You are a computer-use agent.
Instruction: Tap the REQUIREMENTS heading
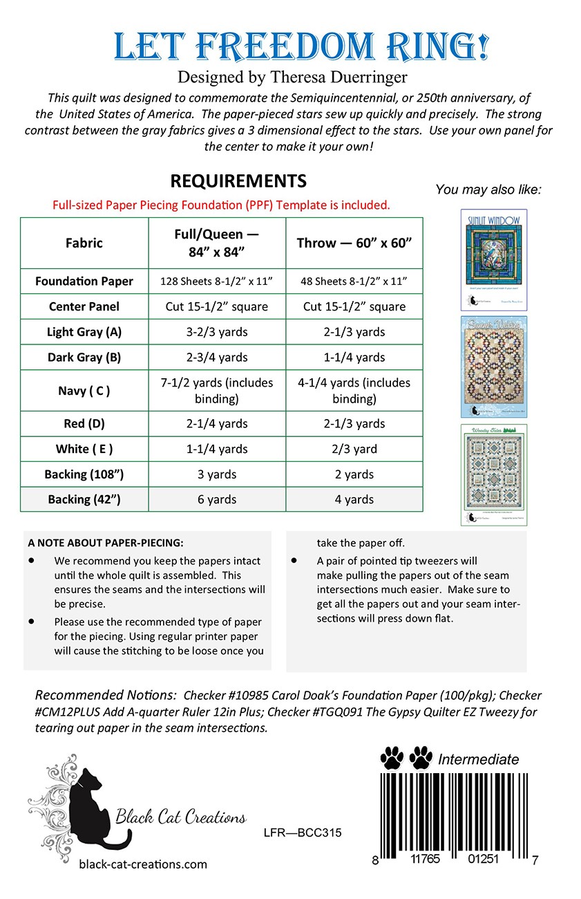(238, 181)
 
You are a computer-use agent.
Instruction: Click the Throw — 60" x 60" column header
(354, 243)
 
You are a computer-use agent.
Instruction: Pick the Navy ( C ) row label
(84, 391)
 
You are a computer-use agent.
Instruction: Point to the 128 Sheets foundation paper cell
(217, 281)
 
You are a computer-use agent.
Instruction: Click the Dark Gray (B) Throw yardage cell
(354, 358)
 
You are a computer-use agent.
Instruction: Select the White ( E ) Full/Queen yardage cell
(217, 449)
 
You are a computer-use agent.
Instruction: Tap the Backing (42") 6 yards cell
(217, 499)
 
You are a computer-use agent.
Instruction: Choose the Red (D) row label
(84, 423)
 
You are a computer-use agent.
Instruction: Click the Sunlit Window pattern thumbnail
(494, 259)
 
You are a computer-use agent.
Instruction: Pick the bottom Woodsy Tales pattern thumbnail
(494, 474)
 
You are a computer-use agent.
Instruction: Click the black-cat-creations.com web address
(143, 864)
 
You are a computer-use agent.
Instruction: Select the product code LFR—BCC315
(303, 833)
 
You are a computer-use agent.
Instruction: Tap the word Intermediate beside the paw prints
(478, 759)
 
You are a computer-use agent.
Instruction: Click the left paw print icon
(392, 759)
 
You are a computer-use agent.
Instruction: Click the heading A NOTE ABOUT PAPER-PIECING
(106, 542)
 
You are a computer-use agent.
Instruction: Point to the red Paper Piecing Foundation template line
(221, 205)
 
